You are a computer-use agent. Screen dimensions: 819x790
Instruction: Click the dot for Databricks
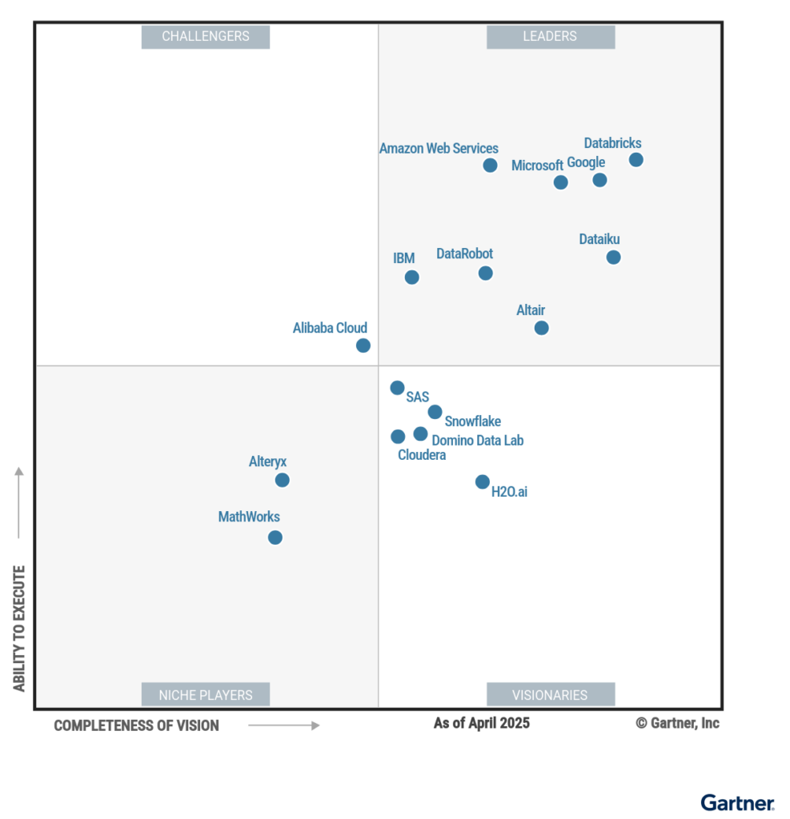[x=636, y=160]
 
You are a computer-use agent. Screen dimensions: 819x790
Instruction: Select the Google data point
[x=600, y=180]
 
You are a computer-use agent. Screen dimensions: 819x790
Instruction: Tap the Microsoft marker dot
[x=561, y=182]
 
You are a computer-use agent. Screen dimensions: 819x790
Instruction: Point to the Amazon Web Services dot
[x=490, y=166]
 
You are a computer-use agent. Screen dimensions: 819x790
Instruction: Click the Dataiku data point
[x=613, y=258]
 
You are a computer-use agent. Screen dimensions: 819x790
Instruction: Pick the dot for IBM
[x=411, y=278]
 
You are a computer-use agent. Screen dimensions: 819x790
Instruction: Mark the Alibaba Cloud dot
[x=363, y=346]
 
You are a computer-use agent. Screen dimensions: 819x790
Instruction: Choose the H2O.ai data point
[x=482, y=481]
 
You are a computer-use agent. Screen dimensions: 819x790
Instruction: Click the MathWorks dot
[x=275, y=537]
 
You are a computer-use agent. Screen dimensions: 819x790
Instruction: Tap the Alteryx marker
[x=282, y=480]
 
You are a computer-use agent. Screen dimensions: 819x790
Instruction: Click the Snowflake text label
[x=473, y=421]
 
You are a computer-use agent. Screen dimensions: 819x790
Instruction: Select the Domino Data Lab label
[x=478, y=440]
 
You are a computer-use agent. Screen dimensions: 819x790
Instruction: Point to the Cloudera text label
[x=422, y=455]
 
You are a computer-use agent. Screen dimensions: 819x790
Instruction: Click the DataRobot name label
[x=464, y=254]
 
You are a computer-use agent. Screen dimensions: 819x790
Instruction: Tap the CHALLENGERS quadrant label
[x=206, y=37]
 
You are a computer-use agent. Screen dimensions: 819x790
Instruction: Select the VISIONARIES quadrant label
[x=551, y=695]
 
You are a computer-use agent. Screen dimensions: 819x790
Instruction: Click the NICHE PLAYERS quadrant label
[x=206, y=695]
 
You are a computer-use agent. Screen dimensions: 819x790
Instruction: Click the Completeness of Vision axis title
[x=137, y=725]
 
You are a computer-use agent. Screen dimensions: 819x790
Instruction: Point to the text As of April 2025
[x=481, y=723]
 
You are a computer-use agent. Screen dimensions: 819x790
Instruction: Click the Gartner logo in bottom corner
[x=737, y=802]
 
